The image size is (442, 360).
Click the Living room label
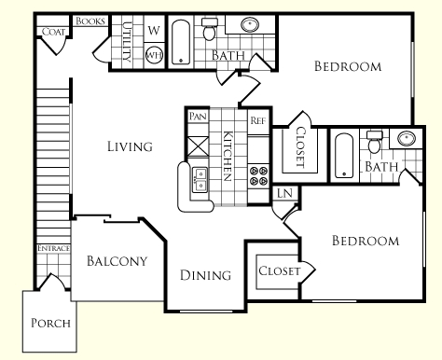pos(130,146)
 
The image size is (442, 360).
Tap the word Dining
pos(205,275)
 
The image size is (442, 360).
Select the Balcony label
pos(117,261)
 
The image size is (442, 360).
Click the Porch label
pos(50,324)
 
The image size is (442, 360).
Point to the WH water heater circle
pos(154,55)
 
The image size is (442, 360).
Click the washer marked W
pos(154,31)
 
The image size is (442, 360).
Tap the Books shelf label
pos(90,21)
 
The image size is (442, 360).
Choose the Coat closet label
pos(53,32)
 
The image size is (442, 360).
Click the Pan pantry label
pos(198,117)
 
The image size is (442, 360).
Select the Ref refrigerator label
pos(258,120)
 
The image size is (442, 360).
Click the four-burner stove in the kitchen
pos(258,175)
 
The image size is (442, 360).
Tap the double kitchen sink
pos(200,180)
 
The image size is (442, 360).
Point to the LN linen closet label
pos(284,193)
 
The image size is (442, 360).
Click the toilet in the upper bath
pos(209,29)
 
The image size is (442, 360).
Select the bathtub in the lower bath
pos(344,156)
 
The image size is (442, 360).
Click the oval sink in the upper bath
pos(250,24)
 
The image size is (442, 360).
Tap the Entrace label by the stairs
pos(53,248)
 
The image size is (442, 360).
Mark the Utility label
pos(127,42)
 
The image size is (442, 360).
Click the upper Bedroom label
pos(348,66)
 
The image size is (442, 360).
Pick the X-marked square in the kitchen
pos(199,146)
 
